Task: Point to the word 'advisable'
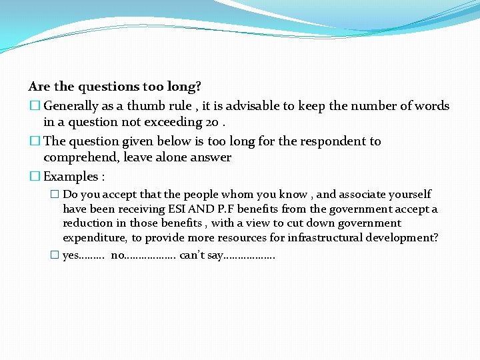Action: tap(241, 106)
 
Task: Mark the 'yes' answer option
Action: tap(70, 255)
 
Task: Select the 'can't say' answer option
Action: tap(201, 255)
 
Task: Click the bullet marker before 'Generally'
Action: tap(34, 106)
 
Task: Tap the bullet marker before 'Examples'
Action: tap(34, 177)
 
